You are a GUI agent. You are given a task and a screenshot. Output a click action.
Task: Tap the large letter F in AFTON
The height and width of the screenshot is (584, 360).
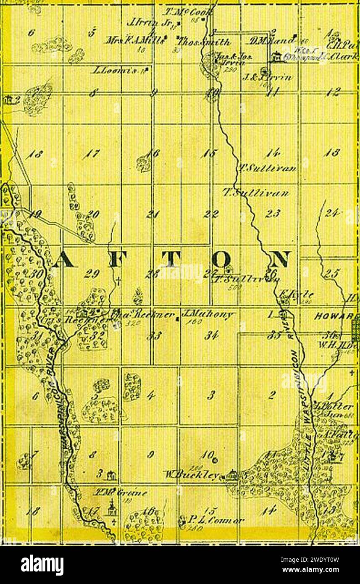[x=116, y=260]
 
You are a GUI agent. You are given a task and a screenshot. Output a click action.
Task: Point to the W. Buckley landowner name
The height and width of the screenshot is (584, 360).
[x=193, y=476]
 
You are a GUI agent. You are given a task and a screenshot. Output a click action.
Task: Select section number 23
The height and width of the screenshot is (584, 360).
[x=273, y=214]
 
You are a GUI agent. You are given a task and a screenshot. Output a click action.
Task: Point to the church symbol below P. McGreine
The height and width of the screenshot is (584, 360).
[x=112, y=509]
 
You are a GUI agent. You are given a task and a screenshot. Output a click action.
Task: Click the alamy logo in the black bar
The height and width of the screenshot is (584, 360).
[x=42, y=565]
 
